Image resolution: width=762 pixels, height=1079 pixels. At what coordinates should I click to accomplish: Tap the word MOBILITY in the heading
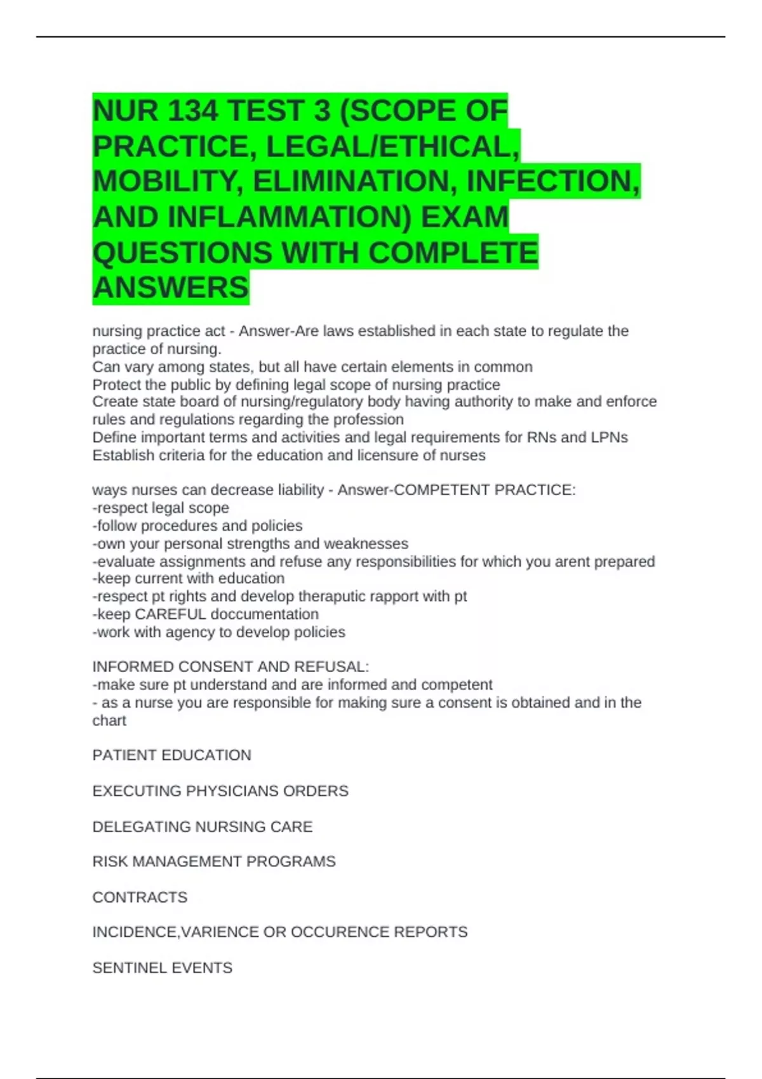pyautogui.click(x=168, y=182)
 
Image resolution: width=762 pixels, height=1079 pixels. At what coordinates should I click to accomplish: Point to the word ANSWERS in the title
pyautogui.click(x=171, y=288)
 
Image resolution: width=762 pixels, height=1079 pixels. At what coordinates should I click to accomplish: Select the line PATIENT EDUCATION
pyautogui.click(x=171, y=755)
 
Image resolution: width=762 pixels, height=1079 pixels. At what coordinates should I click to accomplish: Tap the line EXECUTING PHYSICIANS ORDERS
pyautogui.click(x=220, y=791)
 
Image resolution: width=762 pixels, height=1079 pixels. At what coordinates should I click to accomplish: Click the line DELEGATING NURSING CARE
pyautogui.click(x=203, y=826)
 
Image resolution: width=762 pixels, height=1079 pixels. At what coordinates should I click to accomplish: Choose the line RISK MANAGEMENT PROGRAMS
pyautogui.click(x=214, y=861)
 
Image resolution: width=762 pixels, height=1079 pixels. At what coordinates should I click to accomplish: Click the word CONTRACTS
pyautogui.click(x=140, y=897)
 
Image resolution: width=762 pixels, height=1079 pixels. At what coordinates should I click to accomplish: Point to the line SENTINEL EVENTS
pyautogui.click(x=163, y=968)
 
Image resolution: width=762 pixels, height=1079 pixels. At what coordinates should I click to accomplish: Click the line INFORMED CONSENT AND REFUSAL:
pyautogui.click(x=231, y=667)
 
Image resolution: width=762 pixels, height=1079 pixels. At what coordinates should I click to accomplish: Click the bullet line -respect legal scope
pyautogui.click(x=161, y=508)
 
